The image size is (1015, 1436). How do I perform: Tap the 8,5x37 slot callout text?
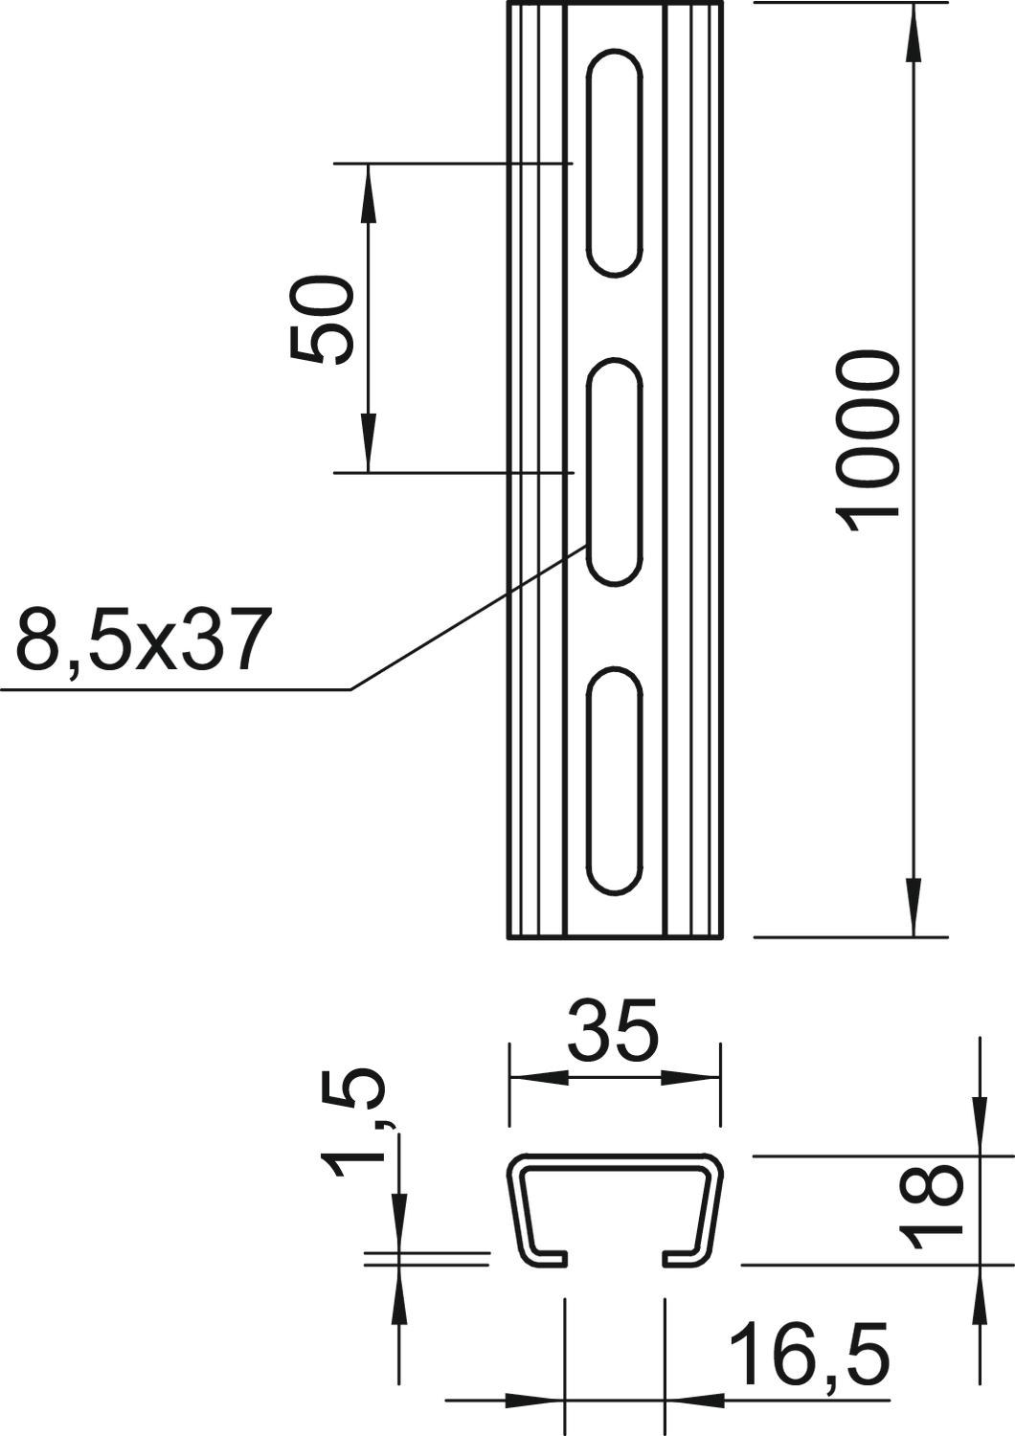point(140,639)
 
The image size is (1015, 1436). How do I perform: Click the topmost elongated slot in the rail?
point(615,163)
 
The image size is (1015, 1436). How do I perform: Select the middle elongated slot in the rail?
point(615,471)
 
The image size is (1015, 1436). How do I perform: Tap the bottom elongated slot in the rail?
point(615,780)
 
